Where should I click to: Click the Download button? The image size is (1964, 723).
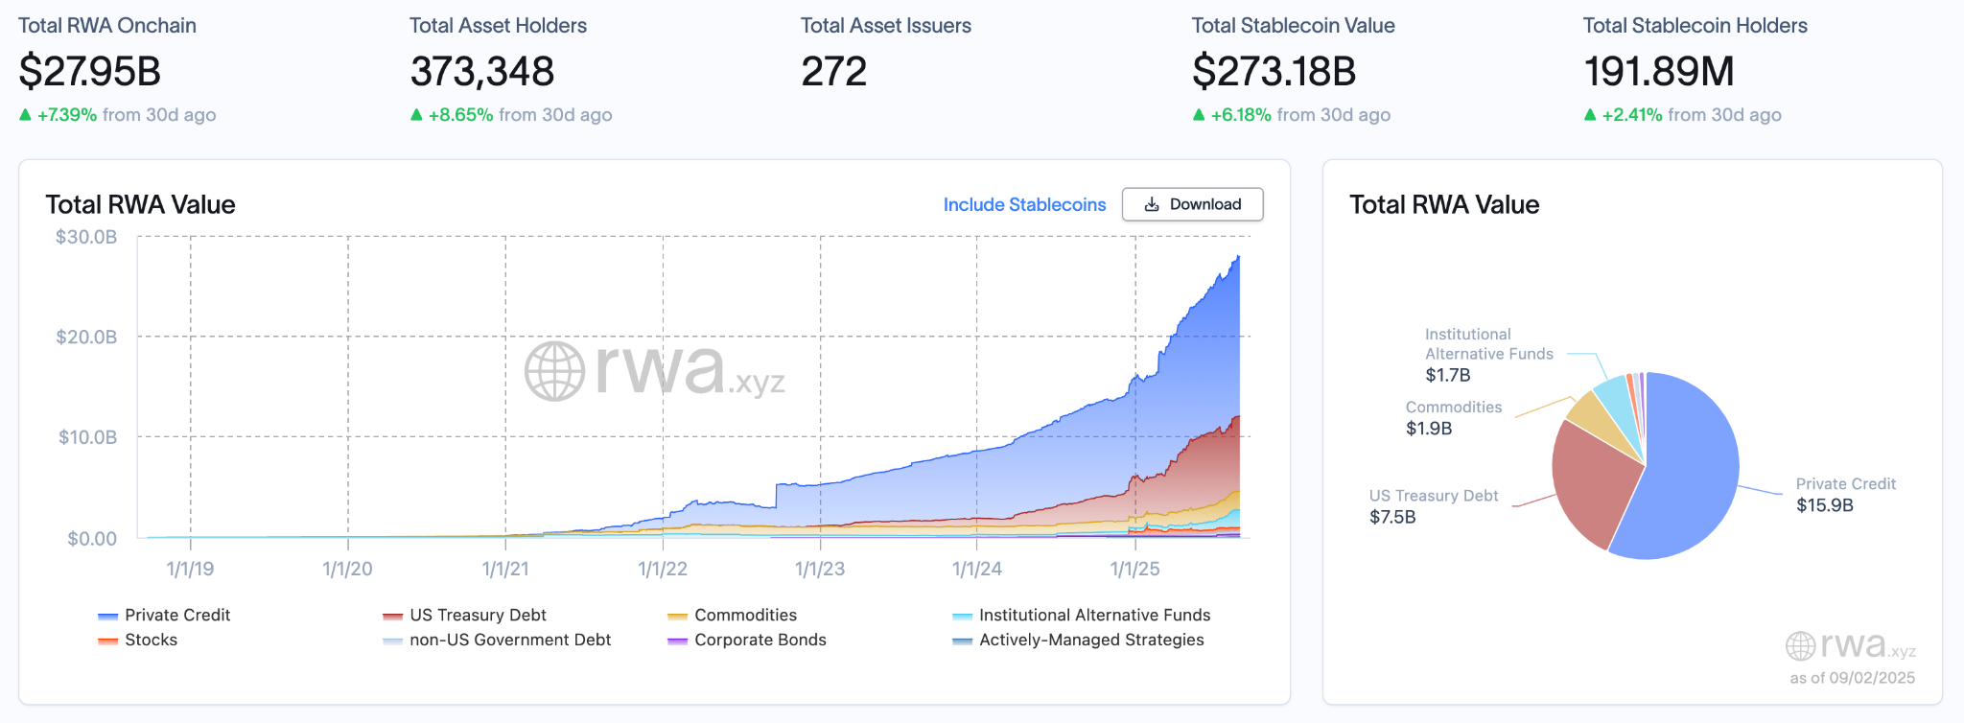1192,204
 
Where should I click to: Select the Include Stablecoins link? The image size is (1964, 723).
1024,204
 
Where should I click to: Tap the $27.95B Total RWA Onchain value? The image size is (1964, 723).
90,72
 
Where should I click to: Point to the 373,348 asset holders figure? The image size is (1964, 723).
482,72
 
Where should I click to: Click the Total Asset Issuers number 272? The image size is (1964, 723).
834,72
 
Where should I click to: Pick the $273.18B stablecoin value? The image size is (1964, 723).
1274,72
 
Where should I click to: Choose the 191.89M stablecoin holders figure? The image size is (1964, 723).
1659,72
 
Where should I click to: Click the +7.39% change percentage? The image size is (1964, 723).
67,115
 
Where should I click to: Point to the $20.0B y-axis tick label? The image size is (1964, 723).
86,337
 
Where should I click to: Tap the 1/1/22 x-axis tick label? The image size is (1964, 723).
663,569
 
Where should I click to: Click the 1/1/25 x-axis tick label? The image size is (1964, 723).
1134,569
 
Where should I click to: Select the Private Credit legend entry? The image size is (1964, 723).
177,615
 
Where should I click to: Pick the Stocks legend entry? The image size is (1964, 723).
151,640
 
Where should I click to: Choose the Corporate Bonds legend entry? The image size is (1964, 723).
760,640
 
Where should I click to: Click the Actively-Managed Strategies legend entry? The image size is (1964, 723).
1091,640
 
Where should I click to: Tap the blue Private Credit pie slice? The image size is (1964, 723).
1693,470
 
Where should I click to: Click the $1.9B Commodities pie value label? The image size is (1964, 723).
1429,429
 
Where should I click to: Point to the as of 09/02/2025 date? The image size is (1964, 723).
1852,678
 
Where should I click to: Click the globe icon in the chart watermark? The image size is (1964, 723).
554,371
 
